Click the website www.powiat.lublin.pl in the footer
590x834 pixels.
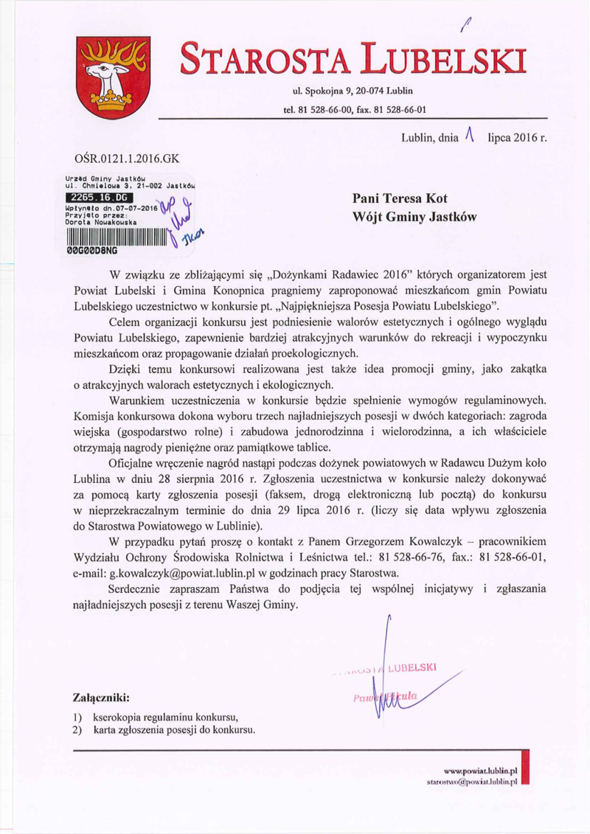pos(480,768)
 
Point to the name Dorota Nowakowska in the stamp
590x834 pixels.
pos(98,221)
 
